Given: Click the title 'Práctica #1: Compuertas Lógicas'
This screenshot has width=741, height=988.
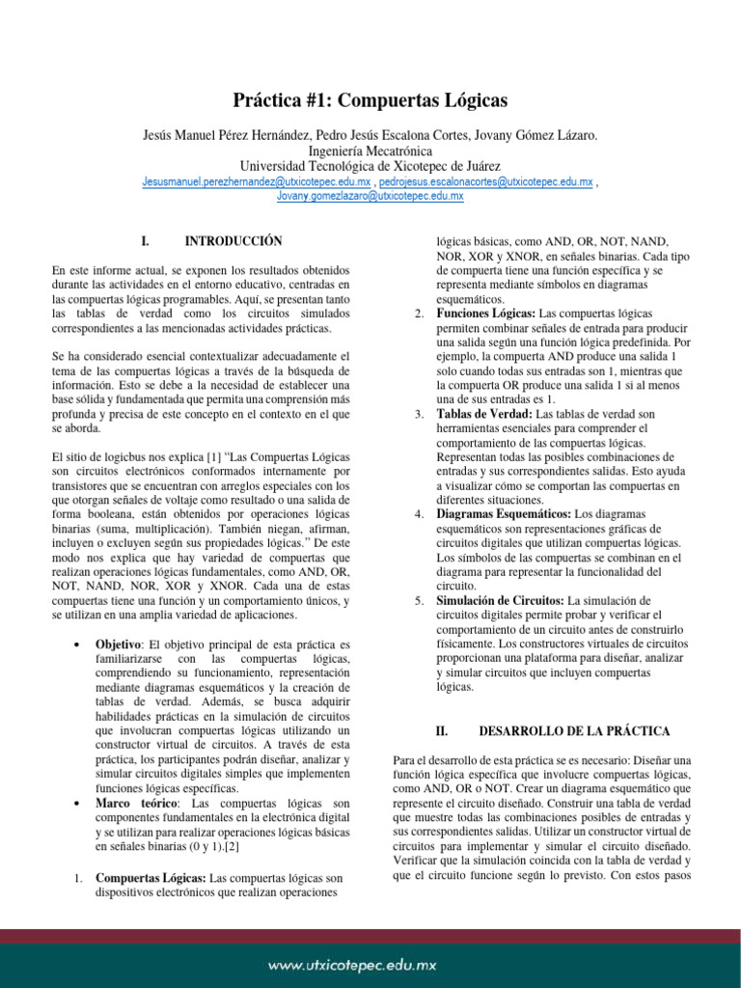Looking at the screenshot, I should tap(370, 100).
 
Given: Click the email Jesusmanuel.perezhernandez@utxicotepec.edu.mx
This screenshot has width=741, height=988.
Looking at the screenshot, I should tap(257, 181).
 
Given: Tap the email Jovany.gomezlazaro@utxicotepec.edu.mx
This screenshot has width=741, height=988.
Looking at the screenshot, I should tap(370, 196).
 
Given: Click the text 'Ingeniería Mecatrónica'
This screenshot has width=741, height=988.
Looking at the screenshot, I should tap(370, 151).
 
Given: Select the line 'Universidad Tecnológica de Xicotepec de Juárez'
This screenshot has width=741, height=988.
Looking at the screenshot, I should tap(370, 167).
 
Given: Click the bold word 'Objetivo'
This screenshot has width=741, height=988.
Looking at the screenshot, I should tap(119, 644).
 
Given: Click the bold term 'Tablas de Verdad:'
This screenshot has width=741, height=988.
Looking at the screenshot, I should tap(483, 414).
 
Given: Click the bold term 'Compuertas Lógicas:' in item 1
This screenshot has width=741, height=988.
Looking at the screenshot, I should tap(150, 878).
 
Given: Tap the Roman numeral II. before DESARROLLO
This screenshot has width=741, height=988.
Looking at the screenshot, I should tap(443, 732).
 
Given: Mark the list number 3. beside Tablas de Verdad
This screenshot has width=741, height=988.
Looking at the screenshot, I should tap(419, 414).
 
